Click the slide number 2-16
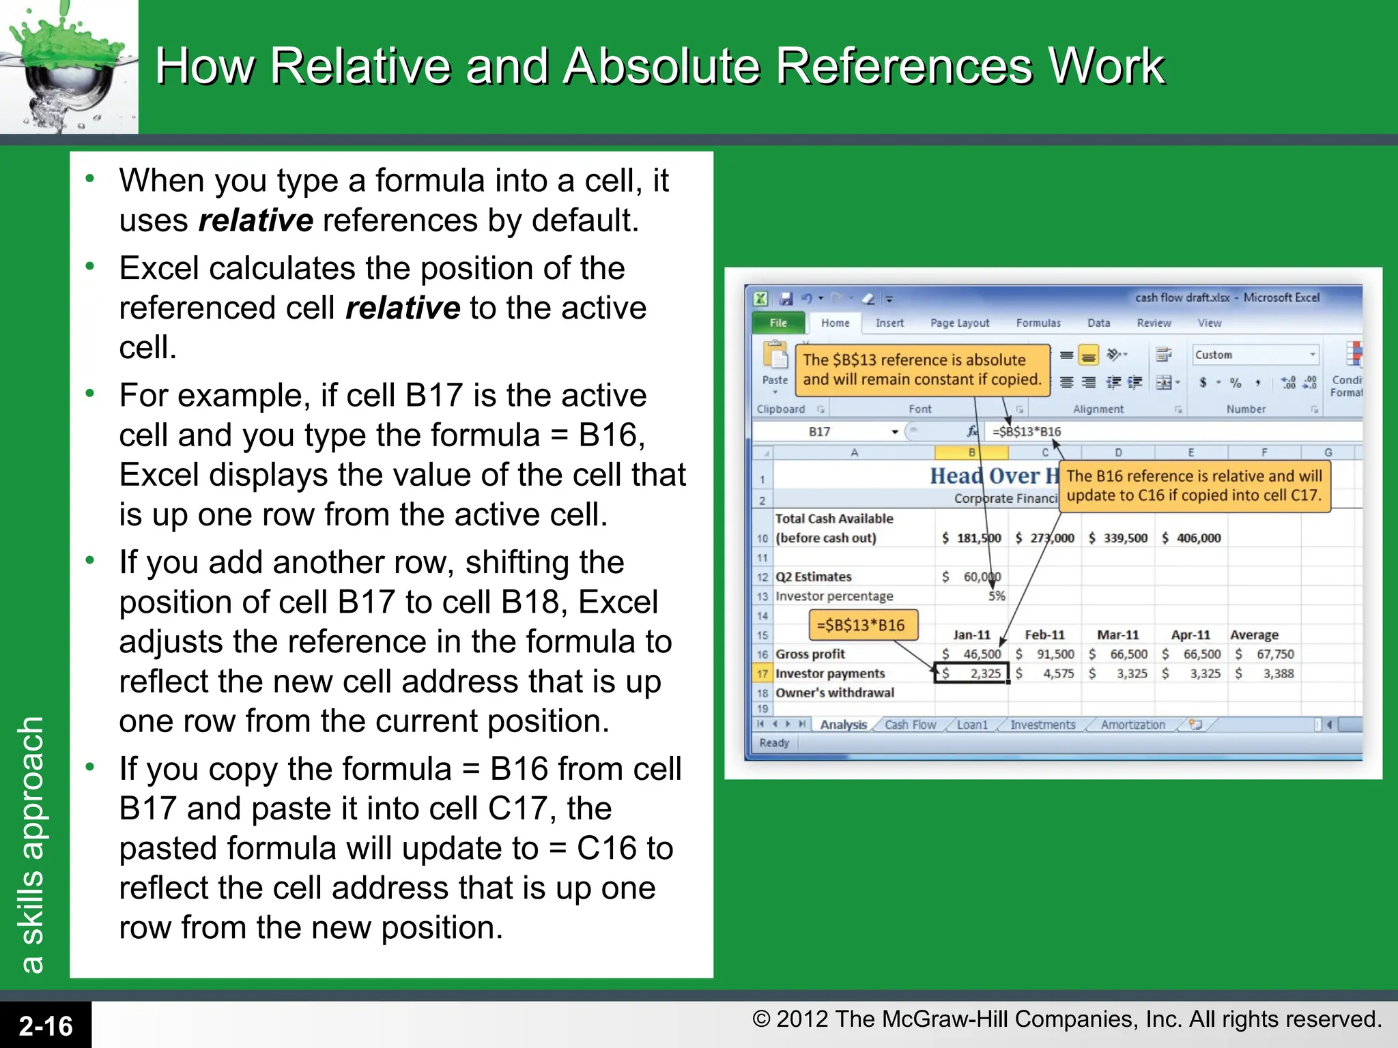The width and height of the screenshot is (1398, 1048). [46, 1025]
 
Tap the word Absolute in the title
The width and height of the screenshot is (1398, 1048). [661, 66]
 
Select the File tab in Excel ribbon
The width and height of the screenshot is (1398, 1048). [778, 323]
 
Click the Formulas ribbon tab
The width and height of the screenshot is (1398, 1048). [1038, 323]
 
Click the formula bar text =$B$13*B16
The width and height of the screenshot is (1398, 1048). [1027, 431]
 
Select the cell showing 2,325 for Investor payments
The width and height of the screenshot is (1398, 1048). [972, 673]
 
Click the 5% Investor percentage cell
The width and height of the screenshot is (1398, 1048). [996, 596]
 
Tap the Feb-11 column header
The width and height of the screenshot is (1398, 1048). [1044, 635]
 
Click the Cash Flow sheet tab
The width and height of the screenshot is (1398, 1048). [910, 725]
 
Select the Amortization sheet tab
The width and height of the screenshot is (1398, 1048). [1132, 725]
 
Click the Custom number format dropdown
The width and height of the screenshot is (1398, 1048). [1255, 355]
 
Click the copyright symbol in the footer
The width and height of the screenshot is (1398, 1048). [761, 1019]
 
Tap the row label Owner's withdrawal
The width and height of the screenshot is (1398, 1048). [834, 693]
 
